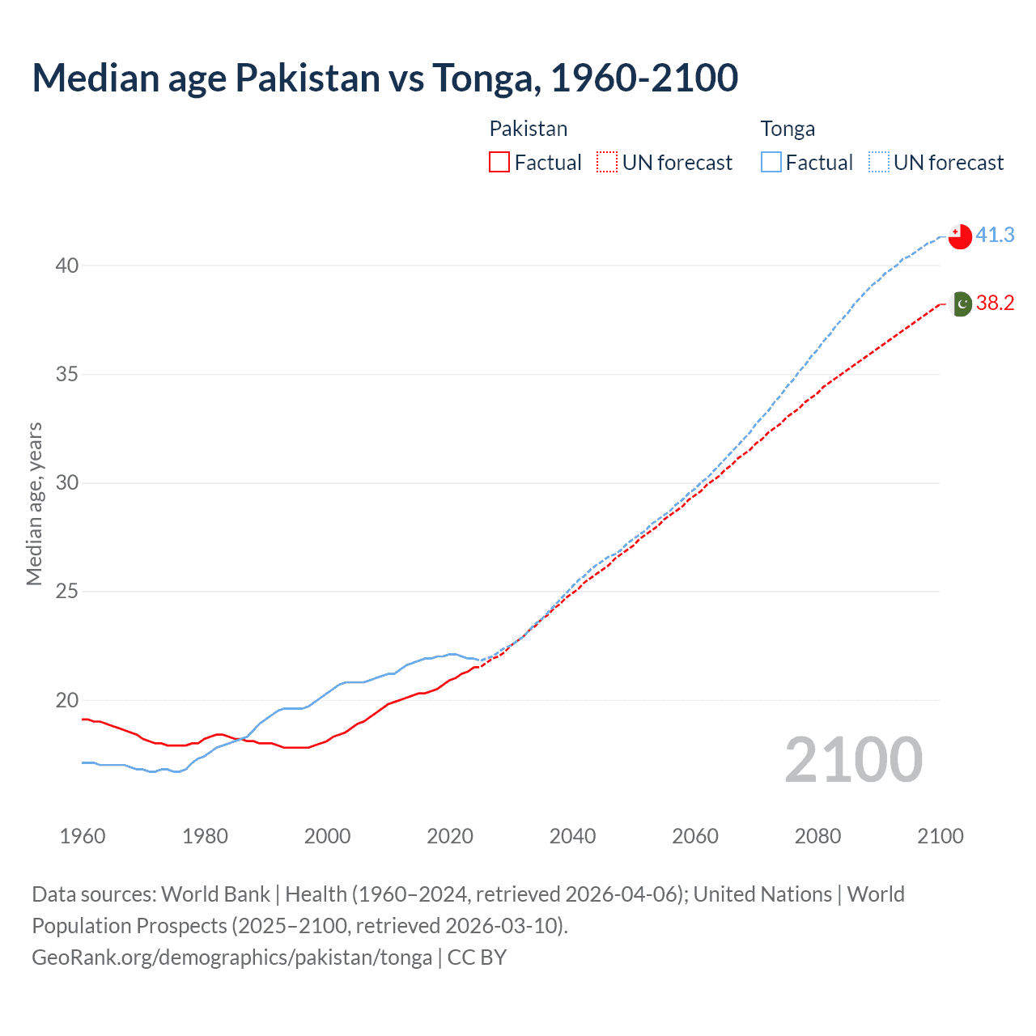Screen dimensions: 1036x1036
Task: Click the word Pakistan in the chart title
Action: [x=308, y=79]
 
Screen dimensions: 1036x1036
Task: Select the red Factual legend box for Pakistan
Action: [x=499, y=163]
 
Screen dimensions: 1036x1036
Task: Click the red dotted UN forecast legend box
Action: [x=607, y=163]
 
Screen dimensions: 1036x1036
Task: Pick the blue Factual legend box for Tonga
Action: [x=771, y=163]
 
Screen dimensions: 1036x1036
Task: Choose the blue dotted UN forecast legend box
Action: [x=878, y=163]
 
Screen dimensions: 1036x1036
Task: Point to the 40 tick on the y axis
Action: [x=67, y=265]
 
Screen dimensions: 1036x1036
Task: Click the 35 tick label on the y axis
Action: [x=67, y=375]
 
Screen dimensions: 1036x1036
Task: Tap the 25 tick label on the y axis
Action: [x=67, y=592]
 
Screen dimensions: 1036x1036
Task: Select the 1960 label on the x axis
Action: [x=83, y=836]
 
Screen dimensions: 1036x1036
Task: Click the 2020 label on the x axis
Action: [x=450, y=836]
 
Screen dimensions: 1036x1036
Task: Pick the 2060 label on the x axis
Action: [x=695, y=836]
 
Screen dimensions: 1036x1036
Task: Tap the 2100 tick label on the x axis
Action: [x=940, y=836]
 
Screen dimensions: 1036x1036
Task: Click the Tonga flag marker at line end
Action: [x=960, y=236]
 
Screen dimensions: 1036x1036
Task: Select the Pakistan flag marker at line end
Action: [x=960, y=304]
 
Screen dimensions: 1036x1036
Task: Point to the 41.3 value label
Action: [x=995, y=236]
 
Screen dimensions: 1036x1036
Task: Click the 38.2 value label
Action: [x=995, y=304]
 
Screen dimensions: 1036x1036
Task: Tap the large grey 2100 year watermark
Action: [x=854, y=760]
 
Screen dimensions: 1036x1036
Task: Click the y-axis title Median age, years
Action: [x=34, y=503]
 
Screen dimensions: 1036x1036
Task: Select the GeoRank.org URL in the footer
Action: [x=231, y=957]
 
